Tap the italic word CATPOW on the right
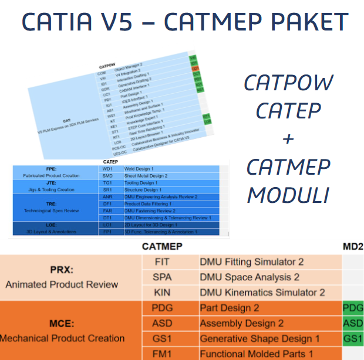(288, 83)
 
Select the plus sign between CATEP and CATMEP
(288, 139)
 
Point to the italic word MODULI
(288, 194)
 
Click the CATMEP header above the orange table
(163, 247)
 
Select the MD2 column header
(352, 247)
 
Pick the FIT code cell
(162, 261)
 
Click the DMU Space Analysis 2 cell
(250, 277)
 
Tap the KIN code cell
(162, 292)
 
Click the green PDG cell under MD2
(353, 308)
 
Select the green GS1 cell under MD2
(353, 338)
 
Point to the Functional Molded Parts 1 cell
(257, 354)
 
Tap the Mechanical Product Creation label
(62, 338)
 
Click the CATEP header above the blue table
(110, 162)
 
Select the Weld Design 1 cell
(141, 169)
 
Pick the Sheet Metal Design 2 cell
(146, 176)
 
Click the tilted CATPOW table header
(107, 66)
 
